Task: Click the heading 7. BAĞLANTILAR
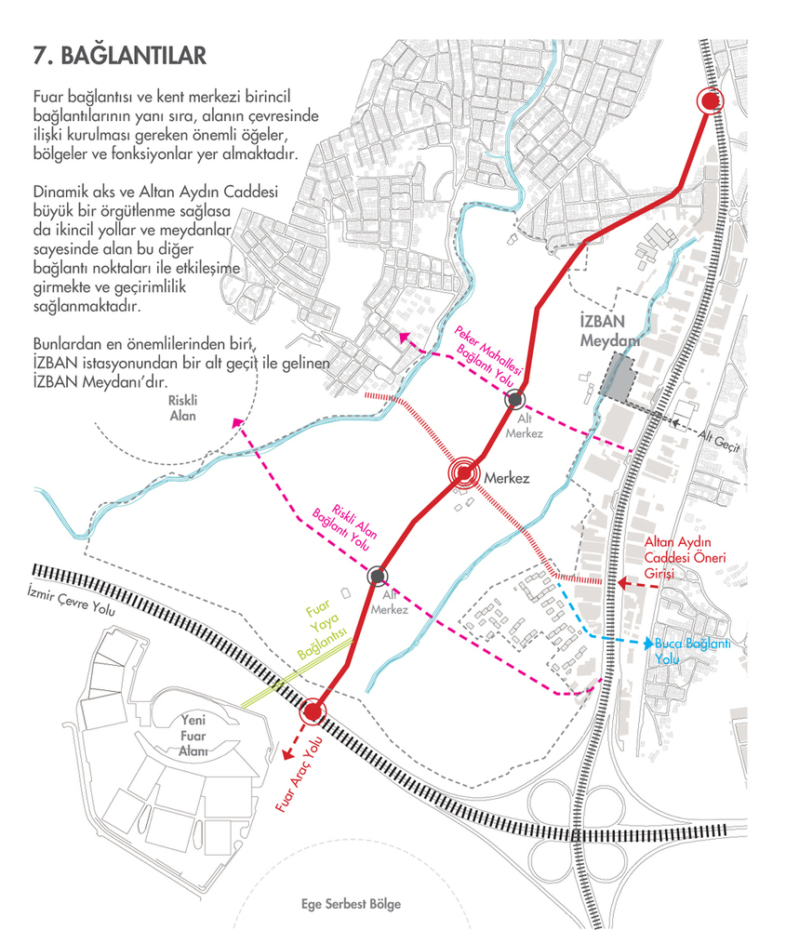pyautogui.click(x=120, y=55)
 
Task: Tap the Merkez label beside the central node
pyautogui.click(x=507, y=478)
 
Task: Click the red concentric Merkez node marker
pyautogui.click(x=464, y=473)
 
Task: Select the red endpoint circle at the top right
pyautogui.click(x=710, y=101)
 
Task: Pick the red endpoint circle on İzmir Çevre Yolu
pyautogui.click(x=312, y=711)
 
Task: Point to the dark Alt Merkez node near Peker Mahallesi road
pyautogui.click(x=515, y=400)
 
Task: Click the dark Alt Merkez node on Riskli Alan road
pyautogui.click(x=378, y=576)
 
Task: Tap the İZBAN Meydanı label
pyautogui.click(x=609, y=331)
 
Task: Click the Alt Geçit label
pyautogui.click(x=718, y=440)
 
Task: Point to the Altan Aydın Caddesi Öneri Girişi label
pyautogui.click(x=686, y=557)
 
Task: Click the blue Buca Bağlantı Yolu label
pyautogui.click(x=692, y=651)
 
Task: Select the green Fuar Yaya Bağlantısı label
pyautogui.click(x=321, y=630)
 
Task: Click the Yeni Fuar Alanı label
pyautogui.click(x=193, y=736)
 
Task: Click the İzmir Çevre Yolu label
pyautogui.click(x=72, y=600)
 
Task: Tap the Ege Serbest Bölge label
pyautogui.click(x=352, y=904)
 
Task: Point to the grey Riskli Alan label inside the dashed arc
pyautogui.click(x=182, y=408)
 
